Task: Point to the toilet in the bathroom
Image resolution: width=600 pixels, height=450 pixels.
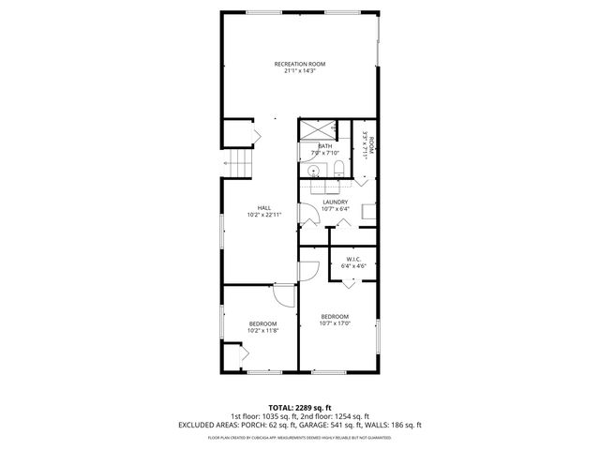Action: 337,170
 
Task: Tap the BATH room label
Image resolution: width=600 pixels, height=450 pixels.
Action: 324,146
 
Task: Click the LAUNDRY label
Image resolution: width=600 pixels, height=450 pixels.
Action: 335,202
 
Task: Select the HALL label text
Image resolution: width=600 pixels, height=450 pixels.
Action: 264,208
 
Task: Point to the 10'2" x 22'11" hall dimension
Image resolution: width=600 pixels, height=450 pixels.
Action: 264,215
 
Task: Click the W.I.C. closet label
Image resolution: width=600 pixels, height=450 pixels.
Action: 353,259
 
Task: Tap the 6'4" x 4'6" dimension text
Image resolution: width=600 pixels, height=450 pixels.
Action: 353,266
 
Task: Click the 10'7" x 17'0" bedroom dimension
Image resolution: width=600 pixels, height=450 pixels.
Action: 334,323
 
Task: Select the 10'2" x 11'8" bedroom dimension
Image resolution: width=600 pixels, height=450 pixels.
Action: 262,330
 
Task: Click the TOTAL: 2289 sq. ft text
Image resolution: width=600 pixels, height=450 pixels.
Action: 299,407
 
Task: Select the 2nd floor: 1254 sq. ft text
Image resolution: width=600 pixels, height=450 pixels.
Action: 337,415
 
